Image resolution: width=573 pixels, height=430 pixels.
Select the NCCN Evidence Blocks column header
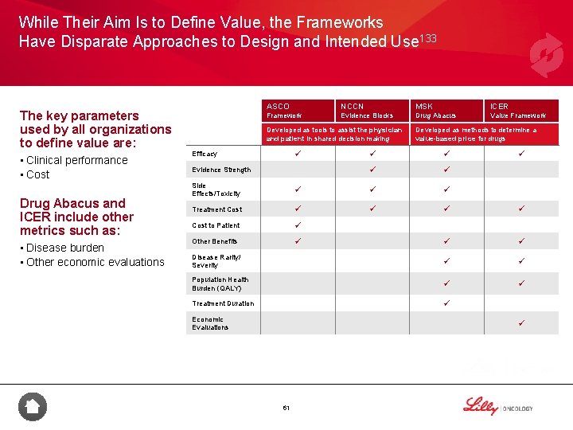coord(366,111)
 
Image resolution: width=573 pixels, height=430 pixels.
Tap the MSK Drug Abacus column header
coord(435,111)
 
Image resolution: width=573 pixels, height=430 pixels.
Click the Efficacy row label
coord(205,154)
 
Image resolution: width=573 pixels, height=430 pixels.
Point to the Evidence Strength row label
coord(221,170)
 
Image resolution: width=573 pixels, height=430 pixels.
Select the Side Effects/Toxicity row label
coord(216,190)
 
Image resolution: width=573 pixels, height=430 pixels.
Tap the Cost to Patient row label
coord(216,225)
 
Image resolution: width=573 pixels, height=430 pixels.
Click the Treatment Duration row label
coord(223,303)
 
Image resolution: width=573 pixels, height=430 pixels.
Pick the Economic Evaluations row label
coord(210,323)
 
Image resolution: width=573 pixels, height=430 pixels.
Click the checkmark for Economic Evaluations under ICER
coord(521,322)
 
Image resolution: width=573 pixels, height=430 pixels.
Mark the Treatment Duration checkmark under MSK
coord(447,303)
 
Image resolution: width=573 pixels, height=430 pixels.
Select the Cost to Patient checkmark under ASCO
coord(296,225)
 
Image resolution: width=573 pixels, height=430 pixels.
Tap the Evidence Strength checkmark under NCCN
coord(371,170)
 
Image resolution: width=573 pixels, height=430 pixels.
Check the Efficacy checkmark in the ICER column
coord(521,154)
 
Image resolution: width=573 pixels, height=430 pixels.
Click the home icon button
coord(33,407)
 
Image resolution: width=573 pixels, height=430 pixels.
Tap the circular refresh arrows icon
coord(546,55)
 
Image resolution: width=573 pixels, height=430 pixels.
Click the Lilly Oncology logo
coord(497,407)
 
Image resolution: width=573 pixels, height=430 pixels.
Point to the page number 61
coord(286,408)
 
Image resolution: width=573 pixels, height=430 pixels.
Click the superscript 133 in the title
coord(428,39)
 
